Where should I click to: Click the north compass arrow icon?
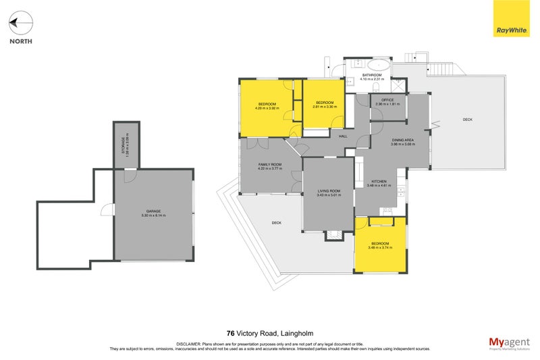coord(20,24)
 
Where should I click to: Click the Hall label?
coord(343,136)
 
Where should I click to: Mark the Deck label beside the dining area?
coord(468,120)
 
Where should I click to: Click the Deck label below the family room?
coord(276,222)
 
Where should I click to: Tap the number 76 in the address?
coord(230,332)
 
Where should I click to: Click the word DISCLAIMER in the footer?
coord(190,344)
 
